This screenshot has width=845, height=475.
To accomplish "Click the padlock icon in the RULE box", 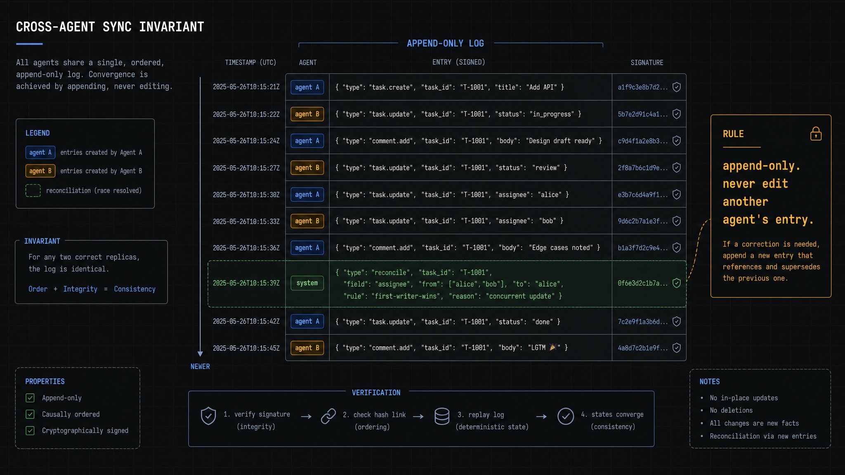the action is pos(816,134).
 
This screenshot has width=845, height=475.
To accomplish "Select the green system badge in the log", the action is pos(307,283).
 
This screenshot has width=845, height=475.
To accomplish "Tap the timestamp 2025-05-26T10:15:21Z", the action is pos(246,87).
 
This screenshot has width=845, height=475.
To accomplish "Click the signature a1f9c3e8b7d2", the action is pos(642,87).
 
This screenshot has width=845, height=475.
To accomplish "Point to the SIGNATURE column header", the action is pos(647,63).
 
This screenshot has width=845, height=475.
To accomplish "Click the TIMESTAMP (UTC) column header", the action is pos(250,62).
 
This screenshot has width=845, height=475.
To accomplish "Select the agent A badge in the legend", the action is pos(40,153).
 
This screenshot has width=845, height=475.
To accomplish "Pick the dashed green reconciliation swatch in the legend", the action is pos(33,190).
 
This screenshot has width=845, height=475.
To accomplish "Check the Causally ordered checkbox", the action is pos(30,414).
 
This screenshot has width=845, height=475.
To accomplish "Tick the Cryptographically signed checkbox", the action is pos(30,430).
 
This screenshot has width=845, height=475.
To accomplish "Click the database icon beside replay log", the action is pos(442,416).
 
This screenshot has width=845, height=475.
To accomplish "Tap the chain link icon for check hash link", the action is pos(328,416).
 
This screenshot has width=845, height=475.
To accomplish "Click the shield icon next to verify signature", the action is pos(208,416).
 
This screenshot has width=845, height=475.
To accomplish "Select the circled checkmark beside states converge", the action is pos(566,416).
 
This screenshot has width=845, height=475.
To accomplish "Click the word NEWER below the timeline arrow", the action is pos(200,367).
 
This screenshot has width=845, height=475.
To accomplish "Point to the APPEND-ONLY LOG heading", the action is pos(445,43).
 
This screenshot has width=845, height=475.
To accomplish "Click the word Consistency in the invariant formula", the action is pos(135,289).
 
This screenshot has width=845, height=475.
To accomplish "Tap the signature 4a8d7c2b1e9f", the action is pos(642,348).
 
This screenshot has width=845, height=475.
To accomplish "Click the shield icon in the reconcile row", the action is pos(677,283).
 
